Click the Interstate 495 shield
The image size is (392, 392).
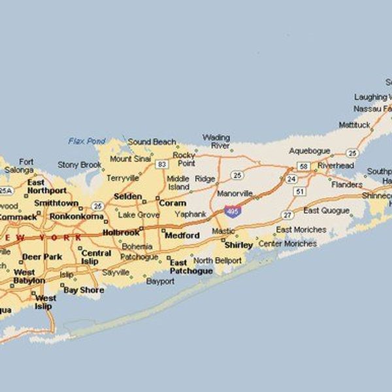click(x=232, y=211)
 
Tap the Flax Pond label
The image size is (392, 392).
click(x=86, y=141)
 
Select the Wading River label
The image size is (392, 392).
click(x=216, y=142)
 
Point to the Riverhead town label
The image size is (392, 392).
click(x=336, y=166)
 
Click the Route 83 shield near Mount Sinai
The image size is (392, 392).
click(x=161, y=164)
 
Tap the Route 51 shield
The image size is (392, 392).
click(x=299, y=191)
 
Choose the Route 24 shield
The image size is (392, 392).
click(x=291, y=178)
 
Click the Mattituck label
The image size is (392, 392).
click(x=354, y=124)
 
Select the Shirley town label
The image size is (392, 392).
click(x=238, y=245)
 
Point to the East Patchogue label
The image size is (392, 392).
click(x=191, y=267)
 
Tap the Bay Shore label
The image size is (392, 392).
click(x=83, y=289)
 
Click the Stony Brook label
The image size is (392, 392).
click(x=80, y=165)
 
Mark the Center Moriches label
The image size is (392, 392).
click(x=287, y=244)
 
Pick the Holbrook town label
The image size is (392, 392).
click(x=121, y=232)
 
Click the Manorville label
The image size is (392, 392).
click(x=235, y=194)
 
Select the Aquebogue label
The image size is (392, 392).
click(x=310, y=151)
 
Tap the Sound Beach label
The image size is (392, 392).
click(x=152, y=142)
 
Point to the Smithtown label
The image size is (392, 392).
click(x=57, y=203)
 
